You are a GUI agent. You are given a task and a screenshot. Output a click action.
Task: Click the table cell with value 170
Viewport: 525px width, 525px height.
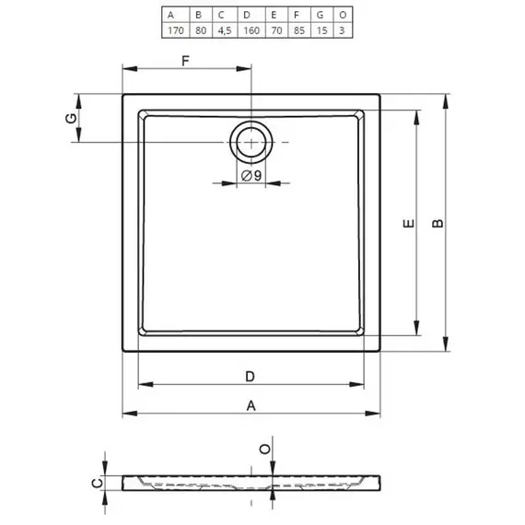(176, 30)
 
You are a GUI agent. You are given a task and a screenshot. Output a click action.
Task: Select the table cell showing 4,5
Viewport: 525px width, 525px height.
(225, 30)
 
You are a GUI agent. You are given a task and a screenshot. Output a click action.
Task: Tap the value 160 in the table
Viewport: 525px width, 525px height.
(251, 30)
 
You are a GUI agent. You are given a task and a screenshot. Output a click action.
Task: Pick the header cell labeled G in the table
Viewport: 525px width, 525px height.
(321, 15)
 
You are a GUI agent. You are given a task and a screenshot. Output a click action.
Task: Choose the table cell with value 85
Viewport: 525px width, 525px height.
(299, 30)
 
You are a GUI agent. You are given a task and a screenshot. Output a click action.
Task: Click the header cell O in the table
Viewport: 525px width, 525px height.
(343, 15)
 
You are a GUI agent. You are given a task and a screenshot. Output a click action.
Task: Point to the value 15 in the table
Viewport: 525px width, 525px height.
(321, 30)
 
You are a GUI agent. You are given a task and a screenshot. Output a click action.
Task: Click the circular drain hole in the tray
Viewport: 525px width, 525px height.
(251, 143)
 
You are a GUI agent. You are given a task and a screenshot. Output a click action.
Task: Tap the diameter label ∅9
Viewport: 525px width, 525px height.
(251, 175)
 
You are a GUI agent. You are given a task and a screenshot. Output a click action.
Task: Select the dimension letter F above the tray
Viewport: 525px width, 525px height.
(185, 61)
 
